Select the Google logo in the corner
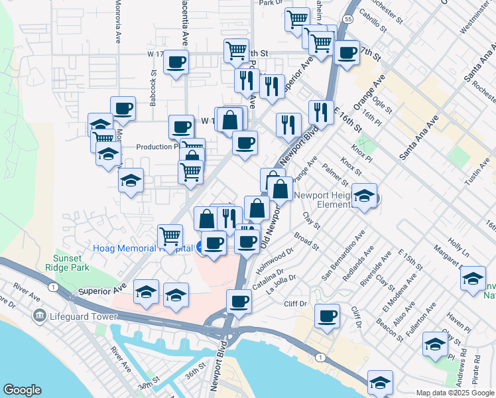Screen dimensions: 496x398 click(22, 390)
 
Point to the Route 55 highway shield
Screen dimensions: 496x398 click(348, 21)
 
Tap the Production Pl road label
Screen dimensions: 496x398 click(156, 147)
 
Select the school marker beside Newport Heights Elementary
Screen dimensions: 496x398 click(364, 195)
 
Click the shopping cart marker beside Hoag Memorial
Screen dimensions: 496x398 click(170, 235)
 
